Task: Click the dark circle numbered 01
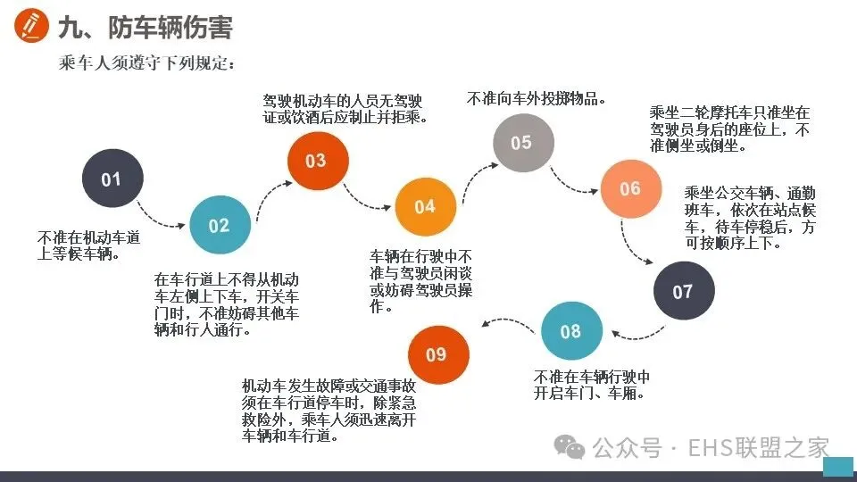coord(111,179)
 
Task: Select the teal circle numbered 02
coord(219,225)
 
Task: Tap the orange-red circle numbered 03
coord(315,161)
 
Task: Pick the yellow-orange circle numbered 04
coord(424,206)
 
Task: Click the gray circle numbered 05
coord(522,143)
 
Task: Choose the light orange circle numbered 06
coord(630,188)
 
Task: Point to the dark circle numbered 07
coord(683,292)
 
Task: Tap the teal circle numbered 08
coord(570,332)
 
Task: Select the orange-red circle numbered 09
coord(437,354)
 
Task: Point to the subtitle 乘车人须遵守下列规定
coord(147,64)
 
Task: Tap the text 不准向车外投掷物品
coord(537,99)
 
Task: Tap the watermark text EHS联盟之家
coord(758,447)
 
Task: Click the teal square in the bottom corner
coord(837,467)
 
